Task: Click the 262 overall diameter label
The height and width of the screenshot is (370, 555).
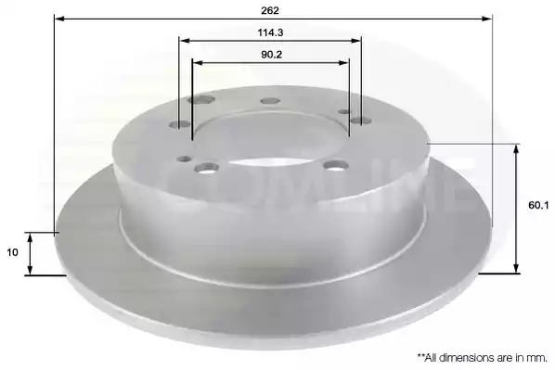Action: point(270,10)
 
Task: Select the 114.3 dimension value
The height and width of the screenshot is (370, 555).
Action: point(270,32)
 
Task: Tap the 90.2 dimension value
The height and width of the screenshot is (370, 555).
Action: point(272,55)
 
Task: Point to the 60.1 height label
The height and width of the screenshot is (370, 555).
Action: point(538,205)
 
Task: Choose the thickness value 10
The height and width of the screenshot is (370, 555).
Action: point(12,252)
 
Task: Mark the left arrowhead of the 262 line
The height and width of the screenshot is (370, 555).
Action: point(59,18)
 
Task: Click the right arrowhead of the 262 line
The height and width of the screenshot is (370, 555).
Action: point(487,18)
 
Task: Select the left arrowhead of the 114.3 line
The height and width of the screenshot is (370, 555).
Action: point(185,40)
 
